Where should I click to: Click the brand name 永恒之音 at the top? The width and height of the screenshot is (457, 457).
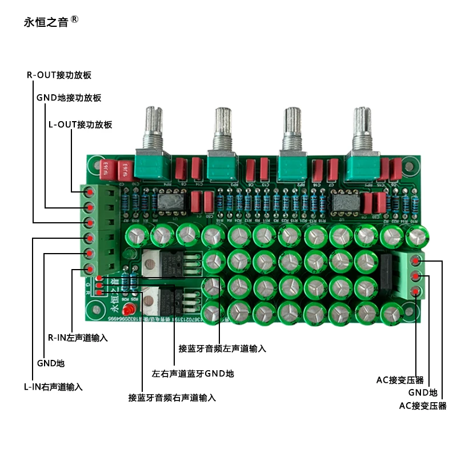coord(46,22)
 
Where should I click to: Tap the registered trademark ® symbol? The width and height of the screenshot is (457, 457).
coord(74,20)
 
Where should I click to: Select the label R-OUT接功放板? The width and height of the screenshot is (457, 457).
coord(59,75)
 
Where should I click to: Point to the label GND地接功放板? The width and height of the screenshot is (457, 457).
coord(69,98)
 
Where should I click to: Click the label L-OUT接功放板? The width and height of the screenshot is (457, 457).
coord(81,125)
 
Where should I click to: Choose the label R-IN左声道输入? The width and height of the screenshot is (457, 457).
coord(78,338)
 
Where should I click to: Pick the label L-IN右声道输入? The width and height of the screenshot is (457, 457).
coord(53,387)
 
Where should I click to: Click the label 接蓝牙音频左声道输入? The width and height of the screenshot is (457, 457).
coord(222,348)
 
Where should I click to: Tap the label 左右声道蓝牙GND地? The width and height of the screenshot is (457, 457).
coord(193,374)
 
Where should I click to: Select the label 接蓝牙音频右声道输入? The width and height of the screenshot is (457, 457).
coord(172,398)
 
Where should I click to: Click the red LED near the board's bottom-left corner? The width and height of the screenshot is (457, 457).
coord(129,309)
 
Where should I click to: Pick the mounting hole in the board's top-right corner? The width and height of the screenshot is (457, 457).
coord(409,166)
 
